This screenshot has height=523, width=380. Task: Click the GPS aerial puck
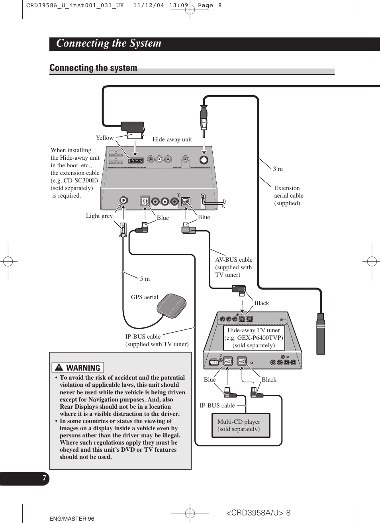point(172,306)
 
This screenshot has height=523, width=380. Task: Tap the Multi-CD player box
point(241,425)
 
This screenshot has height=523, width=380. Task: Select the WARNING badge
point(78,368)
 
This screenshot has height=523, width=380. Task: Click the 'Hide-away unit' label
point(172,139)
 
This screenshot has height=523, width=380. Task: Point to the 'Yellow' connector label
point(105,138)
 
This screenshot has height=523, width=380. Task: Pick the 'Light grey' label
point(99,216)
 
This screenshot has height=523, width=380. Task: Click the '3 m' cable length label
point(278,169)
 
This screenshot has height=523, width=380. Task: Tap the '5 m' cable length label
point(145,279)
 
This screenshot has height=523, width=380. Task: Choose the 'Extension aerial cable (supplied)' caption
point(288,196)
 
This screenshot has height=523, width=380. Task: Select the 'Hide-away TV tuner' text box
point(254,338)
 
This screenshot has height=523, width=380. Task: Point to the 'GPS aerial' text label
point(144,297)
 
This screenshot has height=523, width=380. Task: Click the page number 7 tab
point(44,478)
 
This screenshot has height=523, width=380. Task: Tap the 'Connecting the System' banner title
point(109,43)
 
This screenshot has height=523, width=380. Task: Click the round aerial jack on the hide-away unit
point(204,160)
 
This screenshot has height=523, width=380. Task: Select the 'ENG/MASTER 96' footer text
point(72,519)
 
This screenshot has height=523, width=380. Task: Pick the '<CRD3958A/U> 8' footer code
point(258,513)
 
